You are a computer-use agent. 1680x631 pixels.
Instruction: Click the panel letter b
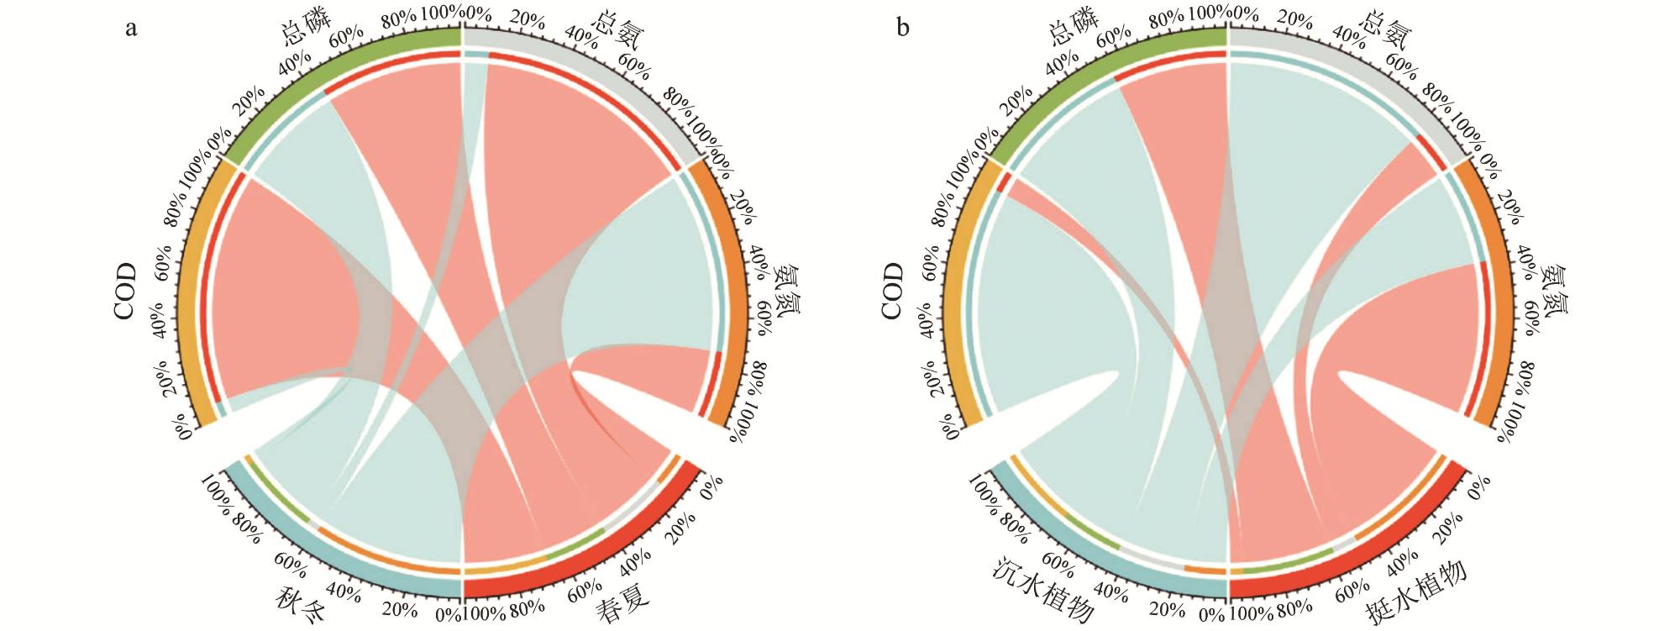click(903, 29)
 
